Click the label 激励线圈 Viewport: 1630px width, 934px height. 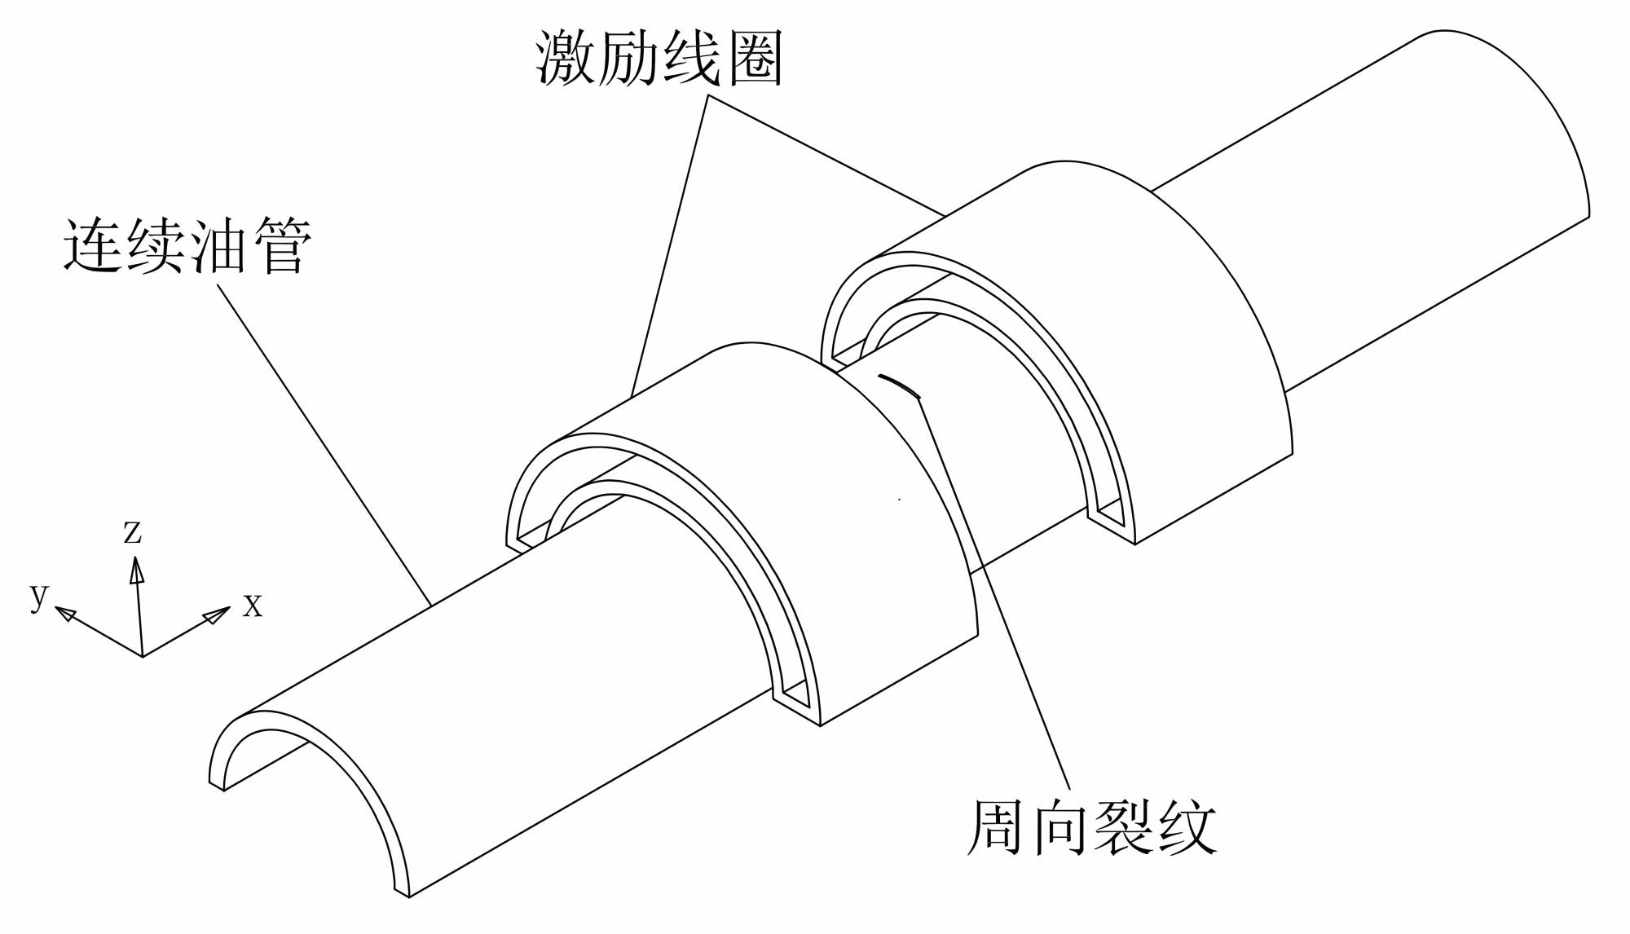[x=659, y=59]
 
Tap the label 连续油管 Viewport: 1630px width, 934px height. [x=187, y=245]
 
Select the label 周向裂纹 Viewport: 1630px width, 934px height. [x=1091, y=826]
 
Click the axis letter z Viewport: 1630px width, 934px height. [x=132, y=531]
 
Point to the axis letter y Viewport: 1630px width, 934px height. [x=39, y=594]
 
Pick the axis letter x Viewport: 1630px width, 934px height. [x=253, y=606]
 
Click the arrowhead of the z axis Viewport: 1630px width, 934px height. [x=136, y=569]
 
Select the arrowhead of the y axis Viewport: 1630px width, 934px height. [x=65, y=613]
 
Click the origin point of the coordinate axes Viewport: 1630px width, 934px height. [x=143, y=656]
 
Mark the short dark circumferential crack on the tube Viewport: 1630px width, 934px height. [x=899, y=385]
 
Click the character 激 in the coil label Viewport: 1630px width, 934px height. [x=566, y=59]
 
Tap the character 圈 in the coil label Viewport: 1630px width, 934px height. [x=755, y=59]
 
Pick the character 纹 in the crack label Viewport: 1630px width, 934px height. [x=1187, y=826]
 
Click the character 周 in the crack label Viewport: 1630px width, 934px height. [x=996, y=826]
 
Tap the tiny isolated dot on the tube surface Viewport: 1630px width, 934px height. [x=899, y=499]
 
